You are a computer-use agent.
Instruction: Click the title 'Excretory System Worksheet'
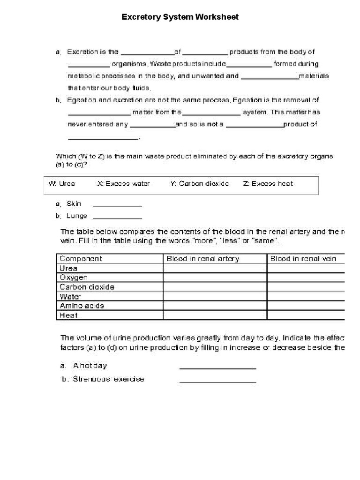coord(180,17)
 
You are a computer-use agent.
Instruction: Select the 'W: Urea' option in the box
coord(61,184)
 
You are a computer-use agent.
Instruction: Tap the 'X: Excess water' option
coord(123,184)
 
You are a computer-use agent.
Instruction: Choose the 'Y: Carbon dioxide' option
coord(199,184)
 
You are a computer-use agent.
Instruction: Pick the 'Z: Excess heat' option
coord(268,184)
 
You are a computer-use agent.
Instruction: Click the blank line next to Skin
coord(117,205)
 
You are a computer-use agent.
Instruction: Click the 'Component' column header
coord(81,259)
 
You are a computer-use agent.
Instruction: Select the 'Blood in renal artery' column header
coord(203,259)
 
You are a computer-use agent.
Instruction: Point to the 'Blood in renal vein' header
coord(303,259)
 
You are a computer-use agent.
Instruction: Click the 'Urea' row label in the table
coord(68,268)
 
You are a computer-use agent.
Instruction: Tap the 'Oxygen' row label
coord(74,277)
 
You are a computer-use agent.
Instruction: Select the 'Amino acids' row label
coord(82,306)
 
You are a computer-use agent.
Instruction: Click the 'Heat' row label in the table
coord(68,315)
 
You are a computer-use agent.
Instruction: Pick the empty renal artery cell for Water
coord(215,296)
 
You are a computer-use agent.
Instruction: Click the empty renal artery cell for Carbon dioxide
coord(215,287)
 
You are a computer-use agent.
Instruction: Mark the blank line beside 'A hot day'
coord(218,368)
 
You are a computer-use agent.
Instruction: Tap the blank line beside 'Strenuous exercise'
coord(218,382)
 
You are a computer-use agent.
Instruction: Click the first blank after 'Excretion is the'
coord(148,53)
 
